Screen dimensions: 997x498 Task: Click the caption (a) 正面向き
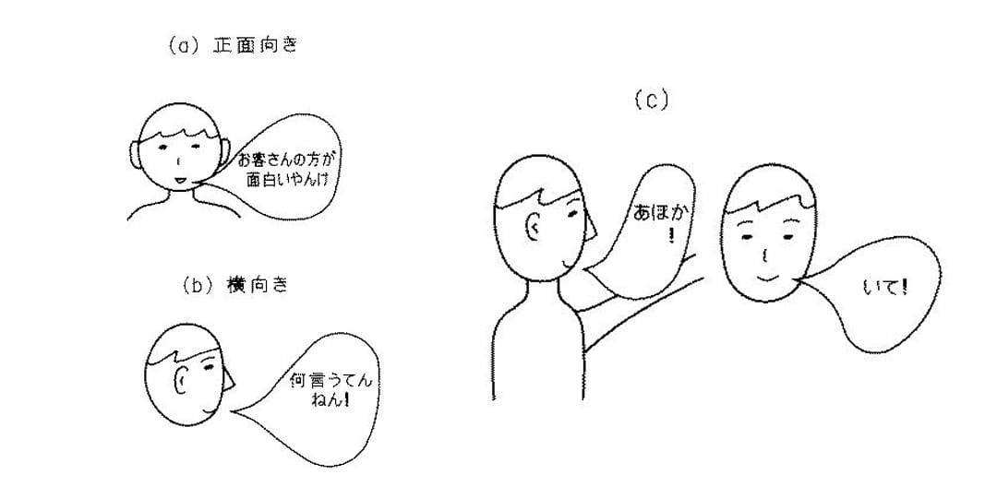[x=233, y=47]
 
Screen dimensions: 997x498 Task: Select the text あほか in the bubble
[x=662, y=212]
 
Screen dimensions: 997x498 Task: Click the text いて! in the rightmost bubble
[x=885, y=288]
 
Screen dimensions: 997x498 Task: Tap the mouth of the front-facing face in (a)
[x=181, y=181]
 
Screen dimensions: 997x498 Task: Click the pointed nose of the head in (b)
[x=229, y=379]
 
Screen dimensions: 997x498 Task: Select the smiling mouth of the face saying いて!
[x=767, y=278]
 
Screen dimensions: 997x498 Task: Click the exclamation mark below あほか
[x=671, y=236]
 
